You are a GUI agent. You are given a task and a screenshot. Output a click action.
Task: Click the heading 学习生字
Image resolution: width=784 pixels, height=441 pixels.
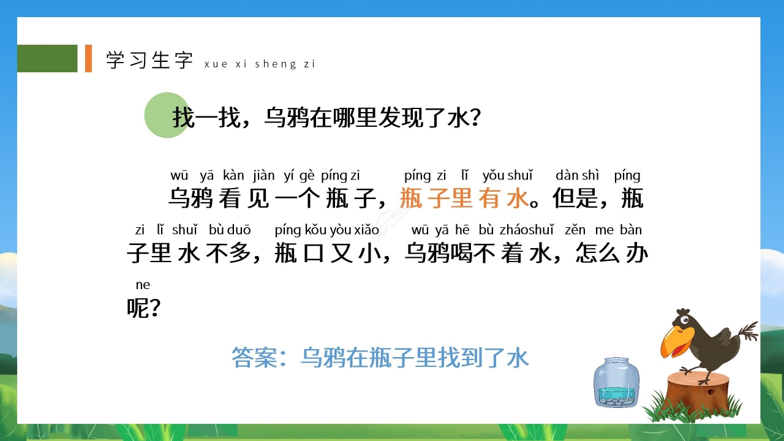pos(149,60)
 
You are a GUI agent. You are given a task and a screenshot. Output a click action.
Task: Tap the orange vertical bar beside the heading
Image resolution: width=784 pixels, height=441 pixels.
pos(88,58)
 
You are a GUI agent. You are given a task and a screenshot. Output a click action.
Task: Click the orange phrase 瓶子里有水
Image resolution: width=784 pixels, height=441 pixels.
pos(463,198)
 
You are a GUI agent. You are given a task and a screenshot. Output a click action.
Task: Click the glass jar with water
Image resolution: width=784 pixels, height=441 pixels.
pos(616,383)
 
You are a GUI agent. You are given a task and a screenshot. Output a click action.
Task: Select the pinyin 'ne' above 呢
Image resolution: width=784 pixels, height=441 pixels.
pos(143,285)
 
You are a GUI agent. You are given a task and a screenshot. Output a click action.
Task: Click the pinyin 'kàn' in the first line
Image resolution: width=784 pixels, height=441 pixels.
pos(233,176)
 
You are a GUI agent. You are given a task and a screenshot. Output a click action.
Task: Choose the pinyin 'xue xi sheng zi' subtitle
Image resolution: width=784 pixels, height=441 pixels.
pos(259,64)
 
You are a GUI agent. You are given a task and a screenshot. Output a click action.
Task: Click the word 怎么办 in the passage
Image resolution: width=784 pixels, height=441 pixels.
pos(611,253)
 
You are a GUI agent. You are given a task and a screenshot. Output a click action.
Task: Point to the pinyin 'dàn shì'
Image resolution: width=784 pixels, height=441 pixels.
pos(577,176)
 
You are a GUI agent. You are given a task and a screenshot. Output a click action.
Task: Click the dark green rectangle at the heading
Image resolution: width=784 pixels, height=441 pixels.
pos(47,58)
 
